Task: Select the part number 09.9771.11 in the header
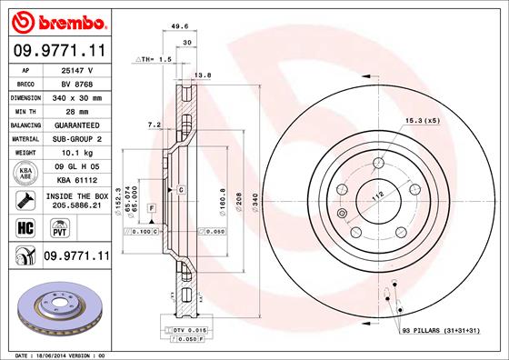(58, 51)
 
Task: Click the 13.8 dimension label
(204, 75)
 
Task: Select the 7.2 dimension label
(154, 124)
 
